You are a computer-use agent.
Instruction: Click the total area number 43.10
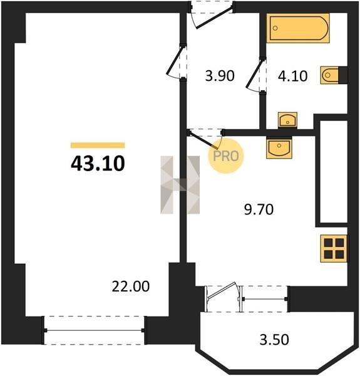[x=98, y=164]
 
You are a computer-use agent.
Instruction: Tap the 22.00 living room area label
[x=130, y=286]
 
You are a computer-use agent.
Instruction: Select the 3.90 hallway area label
[x=220, y=76]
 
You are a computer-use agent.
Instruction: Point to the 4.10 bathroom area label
[x=292, y=76]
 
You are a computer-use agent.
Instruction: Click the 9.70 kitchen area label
[x=259, y=209]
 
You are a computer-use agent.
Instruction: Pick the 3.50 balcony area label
[x=274, y=340]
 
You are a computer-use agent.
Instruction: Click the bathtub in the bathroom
[x=298, y=28]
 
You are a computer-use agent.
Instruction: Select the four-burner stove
[x=334, y=248]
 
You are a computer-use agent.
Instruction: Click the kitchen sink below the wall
[x=279, y=148]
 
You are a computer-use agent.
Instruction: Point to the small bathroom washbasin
[x=287, y=120]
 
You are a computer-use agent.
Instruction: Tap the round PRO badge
[x=225, y=156]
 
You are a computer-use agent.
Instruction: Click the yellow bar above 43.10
[x=98, y=145]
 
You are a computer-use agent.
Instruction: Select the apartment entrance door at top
[x=212, y=15]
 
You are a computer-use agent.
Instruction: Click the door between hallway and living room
[x=176, y=61]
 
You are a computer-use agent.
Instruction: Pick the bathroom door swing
[x=256, y=75]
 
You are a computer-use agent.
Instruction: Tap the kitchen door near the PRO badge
[x=205, y=139]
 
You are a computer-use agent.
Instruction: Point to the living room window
[x=94, y=330]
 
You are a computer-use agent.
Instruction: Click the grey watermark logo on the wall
[x=180, y=185]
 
